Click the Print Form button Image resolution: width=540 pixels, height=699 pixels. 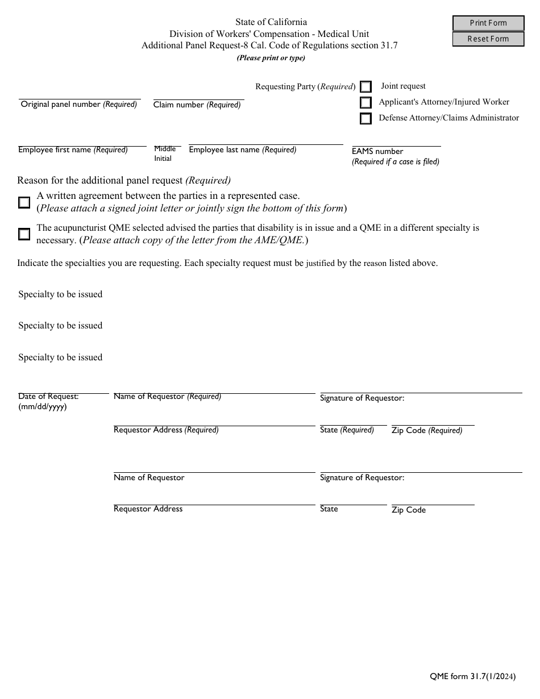click(x=488, y=23)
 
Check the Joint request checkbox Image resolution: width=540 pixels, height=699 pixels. click(x=366, y=87)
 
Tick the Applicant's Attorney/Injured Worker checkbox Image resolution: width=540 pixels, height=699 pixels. click(x=366, y=103)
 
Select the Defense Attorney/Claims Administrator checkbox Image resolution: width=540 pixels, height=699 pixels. click(x=366, y=119)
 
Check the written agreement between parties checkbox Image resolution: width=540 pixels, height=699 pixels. click(x=24, y=202)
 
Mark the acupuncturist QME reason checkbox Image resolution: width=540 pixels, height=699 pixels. click(x=24, y=234)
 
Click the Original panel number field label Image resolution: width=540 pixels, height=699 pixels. click(x=79, y=105)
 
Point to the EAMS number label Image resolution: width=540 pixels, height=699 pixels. click(x=377, y=152)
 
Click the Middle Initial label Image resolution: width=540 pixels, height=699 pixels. click(x=164, y=153)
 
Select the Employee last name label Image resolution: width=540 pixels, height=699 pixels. click(x=243, y=150)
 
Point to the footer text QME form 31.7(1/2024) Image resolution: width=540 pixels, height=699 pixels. click(x=473, y=676)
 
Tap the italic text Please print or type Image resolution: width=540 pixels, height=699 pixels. click(x=271, y=58)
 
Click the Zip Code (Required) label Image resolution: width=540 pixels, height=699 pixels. click(x=427, y=431)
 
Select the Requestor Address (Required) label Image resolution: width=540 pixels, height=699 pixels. click(x=166, y=430)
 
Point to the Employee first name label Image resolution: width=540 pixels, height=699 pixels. click(x=73, y=150)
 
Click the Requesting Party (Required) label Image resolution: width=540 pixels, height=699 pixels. click(x=305, y=87)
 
